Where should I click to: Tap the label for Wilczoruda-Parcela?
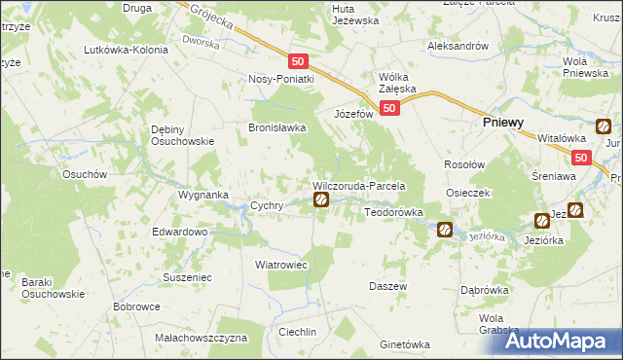(358, 185)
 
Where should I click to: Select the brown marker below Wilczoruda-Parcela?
(321, 200)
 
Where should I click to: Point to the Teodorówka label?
(393, 211)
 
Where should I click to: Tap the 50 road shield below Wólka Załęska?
(388, 109)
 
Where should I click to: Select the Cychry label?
(267, 206)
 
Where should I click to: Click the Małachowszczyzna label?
(202, 338)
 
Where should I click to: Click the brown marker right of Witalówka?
(604, 126)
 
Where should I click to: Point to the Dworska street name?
(202, 43)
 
